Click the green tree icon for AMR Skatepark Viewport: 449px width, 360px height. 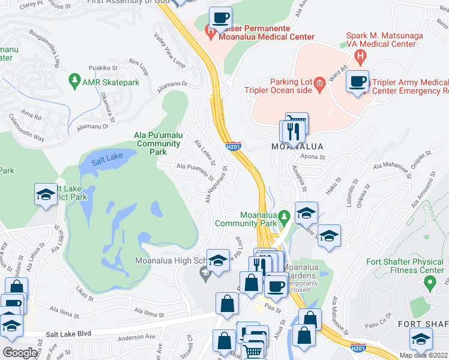[74, 80]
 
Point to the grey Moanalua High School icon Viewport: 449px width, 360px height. [205, 273]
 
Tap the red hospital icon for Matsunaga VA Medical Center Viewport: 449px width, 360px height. [360, 58]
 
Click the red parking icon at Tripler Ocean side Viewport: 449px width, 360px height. [320, 82]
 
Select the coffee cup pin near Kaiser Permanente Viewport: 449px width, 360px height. [220, 19]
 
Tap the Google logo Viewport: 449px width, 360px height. [20, 353]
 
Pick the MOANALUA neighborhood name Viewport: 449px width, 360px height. [297, 146]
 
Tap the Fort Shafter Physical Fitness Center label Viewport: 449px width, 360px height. [405, 266]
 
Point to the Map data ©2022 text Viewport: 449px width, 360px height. [424, 355]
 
